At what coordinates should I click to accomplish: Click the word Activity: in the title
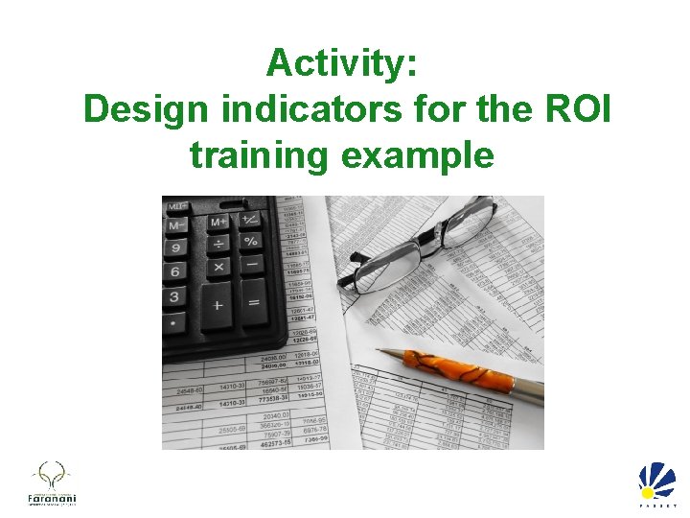click(341, 64)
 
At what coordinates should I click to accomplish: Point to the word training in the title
click(258, 153)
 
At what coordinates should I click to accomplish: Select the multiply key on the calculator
click(219, 267)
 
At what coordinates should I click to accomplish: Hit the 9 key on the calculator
click(175, 247)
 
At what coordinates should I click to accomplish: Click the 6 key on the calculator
click(174, 271)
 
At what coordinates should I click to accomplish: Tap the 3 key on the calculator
click(173, 296)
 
